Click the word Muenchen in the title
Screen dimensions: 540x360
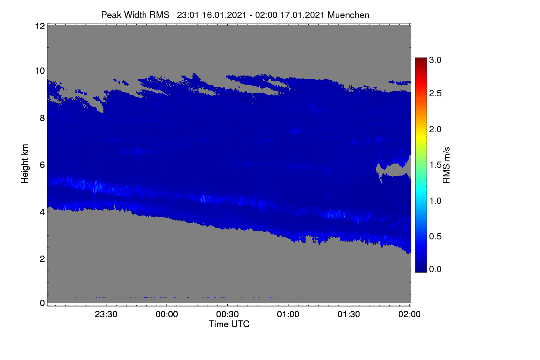348,15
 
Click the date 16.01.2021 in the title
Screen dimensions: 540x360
224,15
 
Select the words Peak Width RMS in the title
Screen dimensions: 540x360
135,15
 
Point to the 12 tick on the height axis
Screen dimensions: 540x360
40,26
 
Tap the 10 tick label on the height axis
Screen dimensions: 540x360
40,71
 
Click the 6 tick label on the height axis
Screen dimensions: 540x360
42,165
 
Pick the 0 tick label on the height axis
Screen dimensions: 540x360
42,303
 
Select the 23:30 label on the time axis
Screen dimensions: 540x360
106,314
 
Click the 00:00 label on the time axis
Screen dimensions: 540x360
167,314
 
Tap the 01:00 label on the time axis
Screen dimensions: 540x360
288,314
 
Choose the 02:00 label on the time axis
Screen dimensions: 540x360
409,314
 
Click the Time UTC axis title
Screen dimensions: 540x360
229,324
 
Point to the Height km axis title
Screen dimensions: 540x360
25,164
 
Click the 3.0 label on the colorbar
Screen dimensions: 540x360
435,60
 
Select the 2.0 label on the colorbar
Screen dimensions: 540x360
435,130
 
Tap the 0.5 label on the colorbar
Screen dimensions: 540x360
435,237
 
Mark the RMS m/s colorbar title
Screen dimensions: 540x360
446,165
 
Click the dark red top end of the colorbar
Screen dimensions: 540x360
421,58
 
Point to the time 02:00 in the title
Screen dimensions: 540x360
266,15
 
